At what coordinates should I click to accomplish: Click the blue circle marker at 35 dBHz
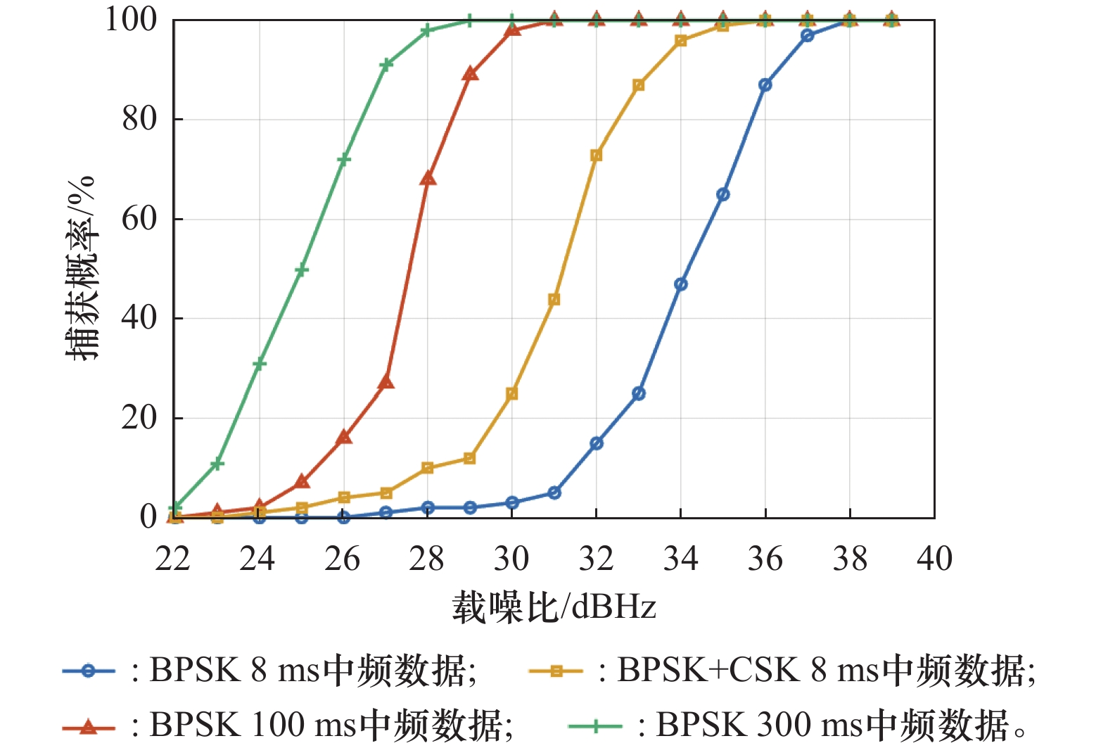coord(723,194)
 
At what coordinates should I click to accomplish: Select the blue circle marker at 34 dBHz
coord(681,284)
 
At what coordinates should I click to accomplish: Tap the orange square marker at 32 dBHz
coord(597,156)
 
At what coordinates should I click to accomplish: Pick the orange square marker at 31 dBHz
coord(554,300)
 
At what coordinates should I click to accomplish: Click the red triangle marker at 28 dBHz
coord(428,179)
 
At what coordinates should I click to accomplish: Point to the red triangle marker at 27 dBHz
coord(386,382)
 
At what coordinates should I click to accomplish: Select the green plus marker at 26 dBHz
coord(343,160)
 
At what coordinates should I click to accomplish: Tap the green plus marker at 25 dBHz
coord(301,270)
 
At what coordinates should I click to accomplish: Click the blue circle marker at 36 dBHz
coord(765,85)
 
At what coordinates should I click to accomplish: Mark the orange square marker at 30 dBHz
coord(512,394)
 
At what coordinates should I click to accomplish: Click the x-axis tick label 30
coord(511,559)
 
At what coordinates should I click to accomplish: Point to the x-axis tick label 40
coord(934,559)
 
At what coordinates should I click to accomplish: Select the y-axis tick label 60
coord(139,219)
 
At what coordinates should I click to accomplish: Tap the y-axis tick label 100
coord(131,20)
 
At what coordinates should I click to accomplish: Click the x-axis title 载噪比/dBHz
coord(554,607)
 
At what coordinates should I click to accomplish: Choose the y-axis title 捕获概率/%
coord(79,268)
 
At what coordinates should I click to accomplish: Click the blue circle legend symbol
coord(88,671)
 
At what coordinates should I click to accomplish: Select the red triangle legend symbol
coord(88,725)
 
